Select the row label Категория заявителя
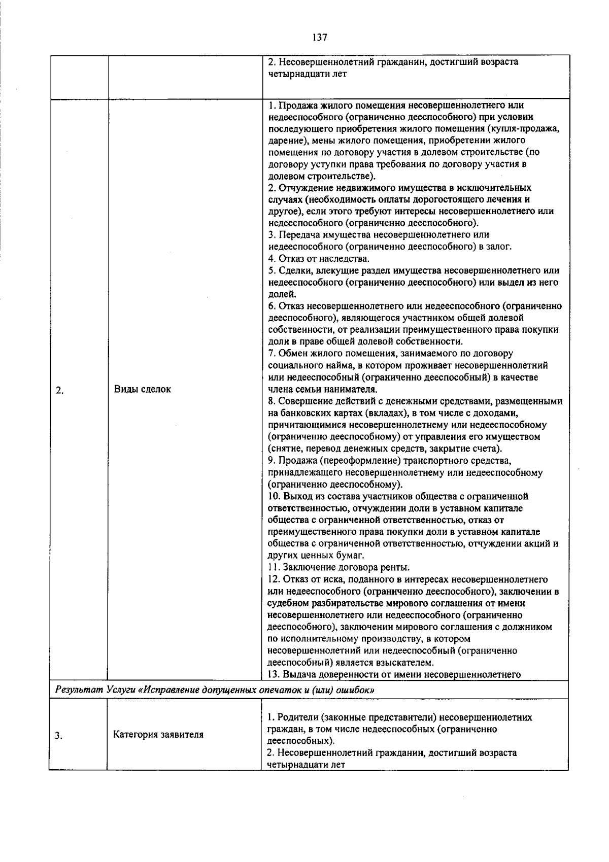158,734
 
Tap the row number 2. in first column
59,390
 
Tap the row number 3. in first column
59,735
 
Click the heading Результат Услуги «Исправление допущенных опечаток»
215,690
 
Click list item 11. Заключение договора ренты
339,567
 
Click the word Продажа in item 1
294,106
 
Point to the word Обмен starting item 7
291,353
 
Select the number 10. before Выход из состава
274,496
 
